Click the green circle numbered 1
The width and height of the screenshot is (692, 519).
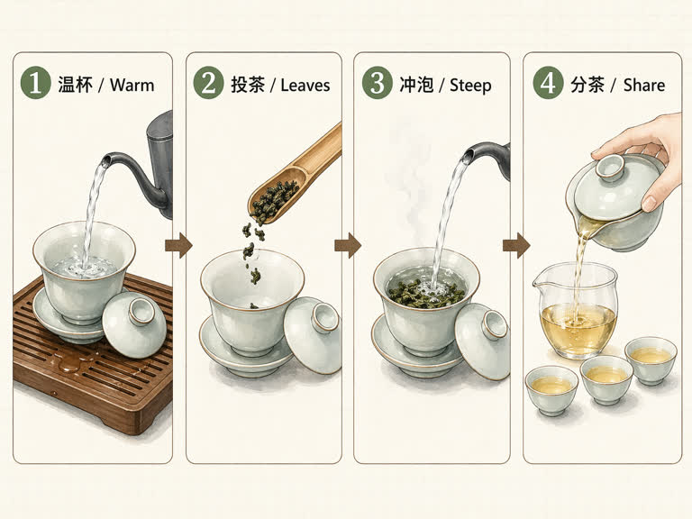click(37, 85)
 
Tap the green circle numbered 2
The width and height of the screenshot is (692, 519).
click(208, 85)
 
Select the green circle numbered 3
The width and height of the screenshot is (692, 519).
click(377, 85)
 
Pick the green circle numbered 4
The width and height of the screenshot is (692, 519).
click(548, 85)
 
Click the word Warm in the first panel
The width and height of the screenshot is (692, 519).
click(132, 86)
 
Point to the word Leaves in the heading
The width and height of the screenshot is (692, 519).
click(305, 86)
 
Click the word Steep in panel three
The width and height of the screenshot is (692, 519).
click(470, 86)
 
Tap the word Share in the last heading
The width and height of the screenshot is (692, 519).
click(643, 86)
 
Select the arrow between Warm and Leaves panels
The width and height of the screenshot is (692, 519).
click(179, 245)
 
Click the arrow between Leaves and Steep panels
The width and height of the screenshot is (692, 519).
click(348, 245)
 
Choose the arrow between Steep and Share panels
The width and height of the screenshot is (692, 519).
click(516, 245)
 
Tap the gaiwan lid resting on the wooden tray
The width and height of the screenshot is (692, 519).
click(135, 323)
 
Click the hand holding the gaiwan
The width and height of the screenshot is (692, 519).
click(644, 149)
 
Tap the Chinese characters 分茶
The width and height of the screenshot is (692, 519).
click(587, 86)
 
